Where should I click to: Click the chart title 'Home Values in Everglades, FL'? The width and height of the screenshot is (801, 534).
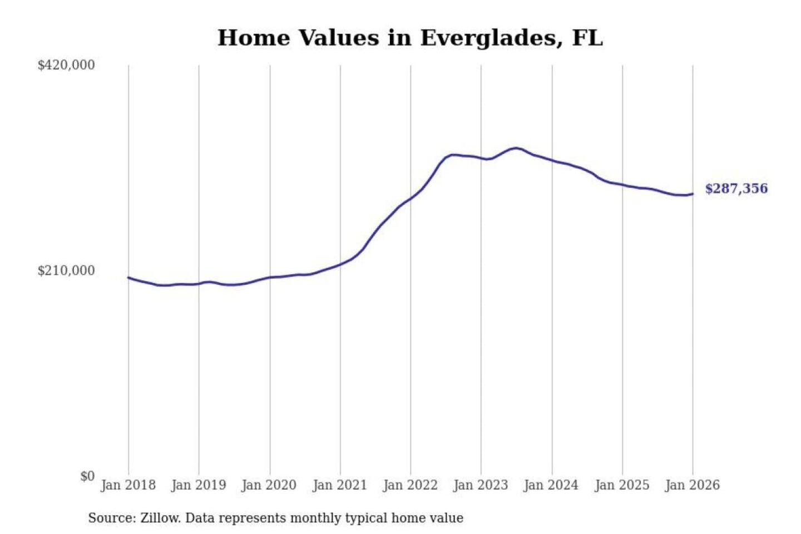pyautogui.click(x=410, y=38)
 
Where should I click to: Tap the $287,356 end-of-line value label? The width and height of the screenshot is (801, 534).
pyautogui.click(x=736, y=189)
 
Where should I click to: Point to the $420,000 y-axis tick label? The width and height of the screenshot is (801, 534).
pyautogui.click(x=66, y=65)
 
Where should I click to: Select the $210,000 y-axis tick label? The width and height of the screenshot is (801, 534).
pyautogui.click(x=66, y=271)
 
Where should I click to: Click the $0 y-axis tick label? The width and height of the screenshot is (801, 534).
pyautogui.click(x=87, y=476)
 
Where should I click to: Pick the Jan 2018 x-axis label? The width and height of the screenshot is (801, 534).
pyautogui.click(x=128, y=485)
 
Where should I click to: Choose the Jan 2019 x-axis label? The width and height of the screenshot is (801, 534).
pyautogui.click(x=199, y=485)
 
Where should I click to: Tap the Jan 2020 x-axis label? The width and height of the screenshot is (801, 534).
pyautogui.click(x=269, y=485)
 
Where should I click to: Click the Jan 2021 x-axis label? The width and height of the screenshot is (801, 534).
pyautogui.click(x=340, y=485)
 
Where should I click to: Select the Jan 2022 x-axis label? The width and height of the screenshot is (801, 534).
pyautogui.click(x=411, y=485)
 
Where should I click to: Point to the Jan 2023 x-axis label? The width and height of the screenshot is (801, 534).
pyautogui.click(x=481, y=485)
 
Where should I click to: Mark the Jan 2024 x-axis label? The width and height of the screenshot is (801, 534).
pyautogui.click(x=551, y=485)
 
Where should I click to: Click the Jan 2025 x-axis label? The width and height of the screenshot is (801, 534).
pyautogui.click(x=622, y=485)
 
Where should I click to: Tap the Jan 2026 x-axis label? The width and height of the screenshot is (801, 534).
pyautogui.click(x=693, y=485)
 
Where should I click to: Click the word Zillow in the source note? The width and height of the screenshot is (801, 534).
pyautogui.click(x=160, y=518)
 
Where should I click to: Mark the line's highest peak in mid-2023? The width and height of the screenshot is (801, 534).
pyautogui.click(x=516, y=148)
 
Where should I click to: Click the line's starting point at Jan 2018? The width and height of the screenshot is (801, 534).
pyautogui.click(x=128, y=277)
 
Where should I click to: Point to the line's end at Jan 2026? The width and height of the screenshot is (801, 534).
pyautogui.click(x=693, y=194)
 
